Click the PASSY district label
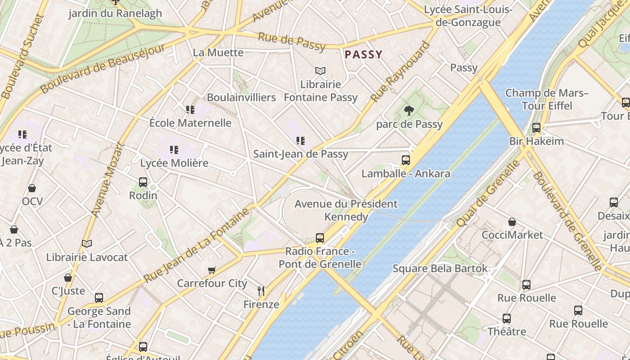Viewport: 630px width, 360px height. click(x=363, y=55)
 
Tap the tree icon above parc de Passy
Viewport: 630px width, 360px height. click(x=409, y=110)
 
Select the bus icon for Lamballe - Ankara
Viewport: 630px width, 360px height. click(x=406, y=160)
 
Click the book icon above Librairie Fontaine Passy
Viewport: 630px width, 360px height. click(x=320, y=71)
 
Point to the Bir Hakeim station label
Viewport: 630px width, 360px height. click(x=536, y=141)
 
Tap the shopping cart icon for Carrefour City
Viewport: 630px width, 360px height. click(x=212, y=270)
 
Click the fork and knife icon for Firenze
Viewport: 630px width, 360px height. click(x=261, y=291)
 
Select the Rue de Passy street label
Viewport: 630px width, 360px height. click(x=292, y=41)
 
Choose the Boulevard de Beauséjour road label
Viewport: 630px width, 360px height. click(x=103, y=69)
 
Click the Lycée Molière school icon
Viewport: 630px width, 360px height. click(x=174, y=150)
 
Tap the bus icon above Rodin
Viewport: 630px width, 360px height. click(x=143, y=182)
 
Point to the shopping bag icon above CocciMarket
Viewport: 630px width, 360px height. click(x=512, y=221)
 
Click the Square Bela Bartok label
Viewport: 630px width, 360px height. click(x=440, y=269)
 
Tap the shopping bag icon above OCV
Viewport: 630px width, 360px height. click(x=32, y=188)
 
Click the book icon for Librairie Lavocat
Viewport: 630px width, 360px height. click(x=87, y=243)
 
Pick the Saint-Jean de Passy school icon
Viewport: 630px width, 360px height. click(x=301, y=141)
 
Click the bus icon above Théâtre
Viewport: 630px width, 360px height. click(x=507, y=319)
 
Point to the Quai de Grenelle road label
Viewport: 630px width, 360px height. click(x=488, y=193)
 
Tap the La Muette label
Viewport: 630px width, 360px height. click(x=218, y=53)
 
